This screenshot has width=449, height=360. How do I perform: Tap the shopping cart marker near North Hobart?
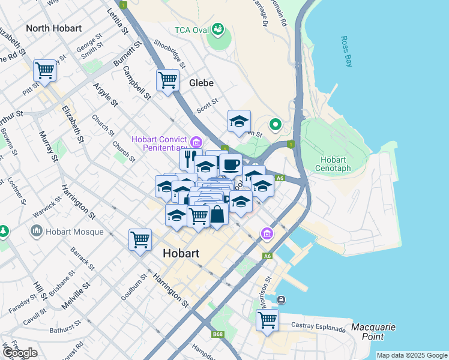(45, 71)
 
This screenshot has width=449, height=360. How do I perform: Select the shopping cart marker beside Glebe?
(167, 80)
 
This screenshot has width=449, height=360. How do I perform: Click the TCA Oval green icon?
(218, 29)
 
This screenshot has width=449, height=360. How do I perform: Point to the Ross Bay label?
(346, 52)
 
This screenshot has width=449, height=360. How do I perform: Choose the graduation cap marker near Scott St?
(239, 122)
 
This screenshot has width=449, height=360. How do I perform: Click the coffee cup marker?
(230, 164)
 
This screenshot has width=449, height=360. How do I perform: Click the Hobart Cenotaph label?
(333, 164)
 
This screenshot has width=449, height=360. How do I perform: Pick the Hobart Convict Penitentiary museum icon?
(196, 142)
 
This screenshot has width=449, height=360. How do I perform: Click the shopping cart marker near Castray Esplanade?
(267, 320)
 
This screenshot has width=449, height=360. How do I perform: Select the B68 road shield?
(218, 334)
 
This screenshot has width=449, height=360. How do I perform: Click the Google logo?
(20, 353)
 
